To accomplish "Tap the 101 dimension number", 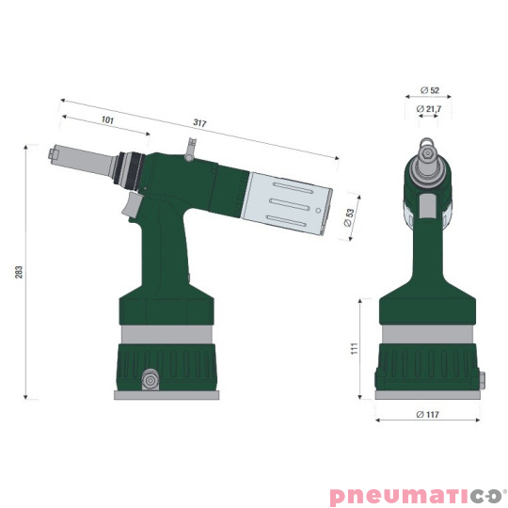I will pos(106,120).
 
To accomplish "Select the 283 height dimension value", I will pos(19,272).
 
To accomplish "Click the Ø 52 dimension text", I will pos(429,91).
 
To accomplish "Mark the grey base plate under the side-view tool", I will pos(167,395).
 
